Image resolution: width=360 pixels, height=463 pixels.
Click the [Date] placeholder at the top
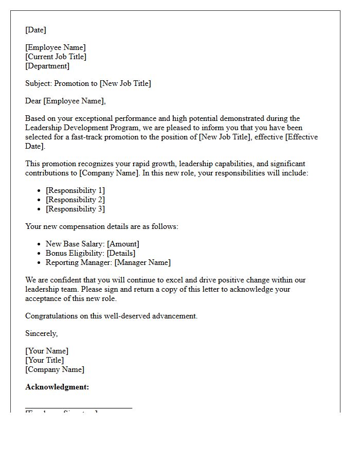click(35, 30)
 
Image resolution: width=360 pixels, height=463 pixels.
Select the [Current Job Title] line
click(56, 57)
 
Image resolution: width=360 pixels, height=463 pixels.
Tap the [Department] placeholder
click(47, 66)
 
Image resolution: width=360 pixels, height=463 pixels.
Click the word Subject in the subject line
click(38, 84)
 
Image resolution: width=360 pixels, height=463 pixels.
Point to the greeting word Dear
click(33, 101)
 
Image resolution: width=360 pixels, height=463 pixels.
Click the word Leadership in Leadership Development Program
click(43, 128)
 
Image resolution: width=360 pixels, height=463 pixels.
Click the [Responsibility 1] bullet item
click(75, 191)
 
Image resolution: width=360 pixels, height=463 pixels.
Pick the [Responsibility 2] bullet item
click(75, 200)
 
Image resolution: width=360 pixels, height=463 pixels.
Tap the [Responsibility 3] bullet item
click(75, 209)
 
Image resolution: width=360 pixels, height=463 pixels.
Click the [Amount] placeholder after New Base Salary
click(123, 244)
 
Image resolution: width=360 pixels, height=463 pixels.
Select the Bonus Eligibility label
click(74, 254)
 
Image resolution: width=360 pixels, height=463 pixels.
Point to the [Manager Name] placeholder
click(142, 263)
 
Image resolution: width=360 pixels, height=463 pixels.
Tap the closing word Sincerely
click(41, 334)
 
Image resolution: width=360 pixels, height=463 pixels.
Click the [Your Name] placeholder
click(47, 351)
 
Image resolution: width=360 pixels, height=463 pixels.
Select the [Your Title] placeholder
click(45, 361)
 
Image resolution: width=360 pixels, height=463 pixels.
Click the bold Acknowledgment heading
click(57, 387)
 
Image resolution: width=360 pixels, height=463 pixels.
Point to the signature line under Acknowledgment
click(79, 408)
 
